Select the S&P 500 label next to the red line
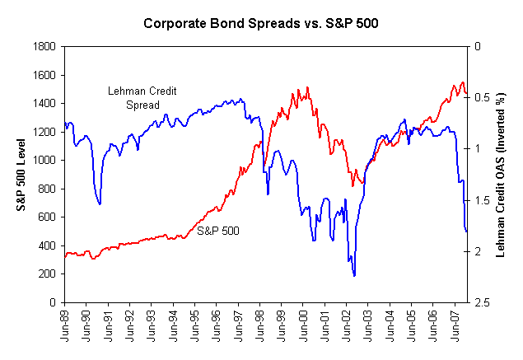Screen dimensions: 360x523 click(x=218, y=231)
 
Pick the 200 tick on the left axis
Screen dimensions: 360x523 click(x=46, y=274)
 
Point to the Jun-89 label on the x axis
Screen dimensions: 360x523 click(x=65, y=323)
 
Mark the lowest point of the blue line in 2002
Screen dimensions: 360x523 click(x=354, y=275)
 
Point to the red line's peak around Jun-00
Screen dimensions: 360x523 click(x=307, y=86)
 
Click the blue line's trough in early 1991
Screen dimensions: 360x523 click(x=100, y=203)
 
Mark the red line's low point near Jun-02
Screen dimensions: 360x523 click(x=353, y=185)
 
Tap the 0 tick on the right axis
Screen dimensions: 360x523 click(x=477, y=46)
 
